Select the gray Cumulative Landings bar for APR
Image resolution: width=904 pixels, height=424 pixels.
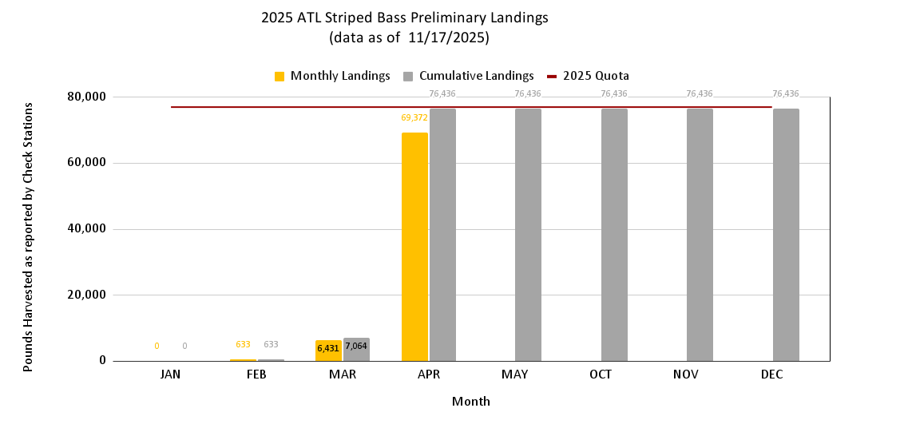[442, 235]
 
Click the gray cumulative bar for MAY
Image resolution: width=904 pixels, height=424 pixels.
[528, 235]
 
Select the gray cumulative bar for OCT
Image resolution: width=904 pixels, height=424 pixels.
[614, 235]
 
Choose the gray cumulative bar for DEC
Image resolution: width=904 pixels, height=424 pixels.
[786, 235]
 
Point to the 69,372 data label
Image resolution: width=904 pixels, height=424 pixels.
[414, 117]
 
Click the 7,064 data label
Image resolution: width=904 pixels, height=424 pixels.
[356, 346]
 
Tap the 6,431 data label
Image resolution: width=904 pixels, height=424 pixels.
[328, 348]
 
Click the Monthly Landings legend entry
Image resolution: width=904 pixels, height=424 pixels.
[331, 76]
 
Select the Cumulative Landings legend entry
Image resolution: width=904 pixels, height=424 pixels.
[468, 76]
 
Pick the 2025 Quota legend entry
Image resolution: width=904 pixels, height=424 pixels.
[589, 76]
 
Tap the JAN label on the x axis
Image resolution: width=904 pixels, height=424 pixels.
[170, 374]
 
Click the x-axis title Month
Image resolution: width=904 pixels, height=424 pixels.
[471, 401]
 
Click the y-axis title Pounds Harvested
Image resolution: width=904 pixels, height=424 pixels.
[28, 236]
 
